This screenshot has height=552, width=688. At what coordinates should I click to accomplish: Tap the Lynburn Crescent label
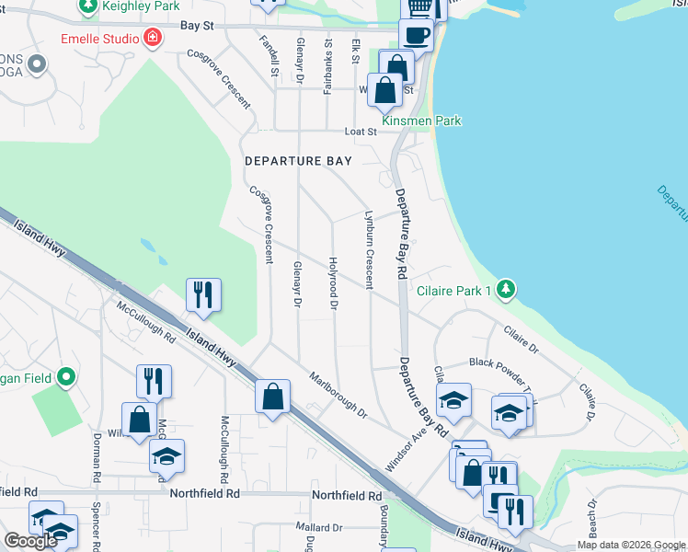pos(370,251)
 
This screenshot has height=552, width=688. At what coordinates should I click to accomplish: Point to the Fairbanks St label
pos(327,66)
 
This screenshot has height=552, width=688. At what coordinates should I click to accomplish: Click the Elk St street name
pos(356,52)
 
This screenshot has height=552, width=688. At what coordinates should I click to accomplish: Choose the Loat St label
pos(361,132)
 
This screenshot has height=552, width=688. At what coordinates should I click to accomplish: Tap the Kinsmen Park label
pos(422,121)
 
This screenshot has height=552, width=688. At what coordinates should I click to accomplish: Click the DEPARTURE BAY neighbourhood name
pos(298,161)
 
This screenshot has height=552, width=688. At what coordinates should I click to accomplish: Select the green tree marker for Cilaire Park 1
pos(505,290)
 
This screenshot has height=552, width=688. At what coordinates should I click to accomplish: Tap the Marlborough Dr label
pos(338,396)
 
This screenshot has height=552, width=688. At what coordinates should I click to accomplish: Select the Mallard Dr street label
pos(318,527)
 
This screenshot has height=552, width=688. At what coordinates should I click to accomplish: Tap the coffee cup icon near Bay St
pos(416,35)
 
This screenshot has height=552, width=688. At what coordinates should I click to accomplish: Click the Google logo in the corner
pos(30,541)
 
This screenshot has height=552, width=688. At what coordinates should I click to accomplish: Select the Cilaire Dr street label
pos(521,339)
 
